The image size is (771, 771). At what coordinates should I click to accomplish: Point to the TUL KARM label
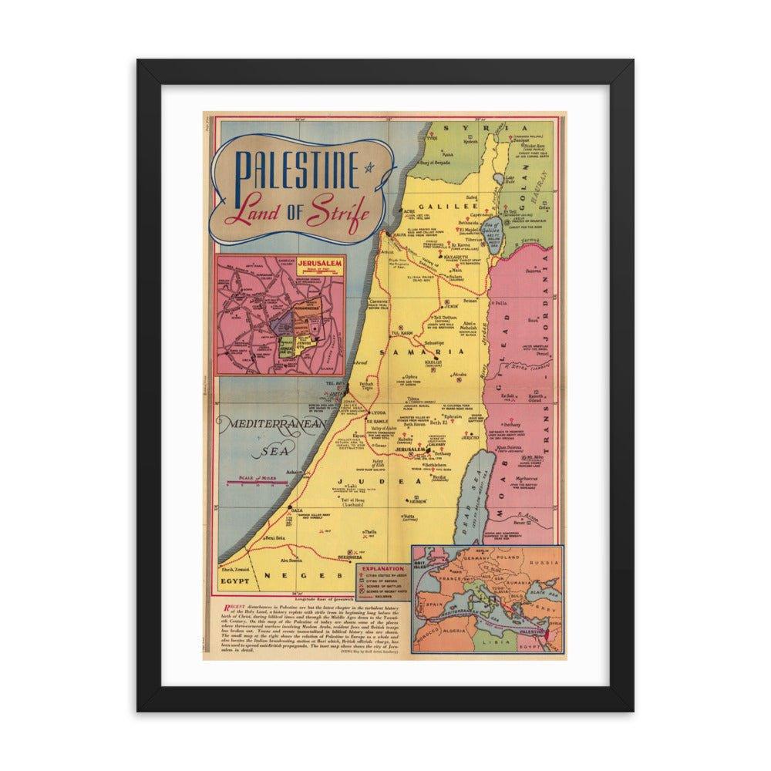(x=401, y=326)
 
